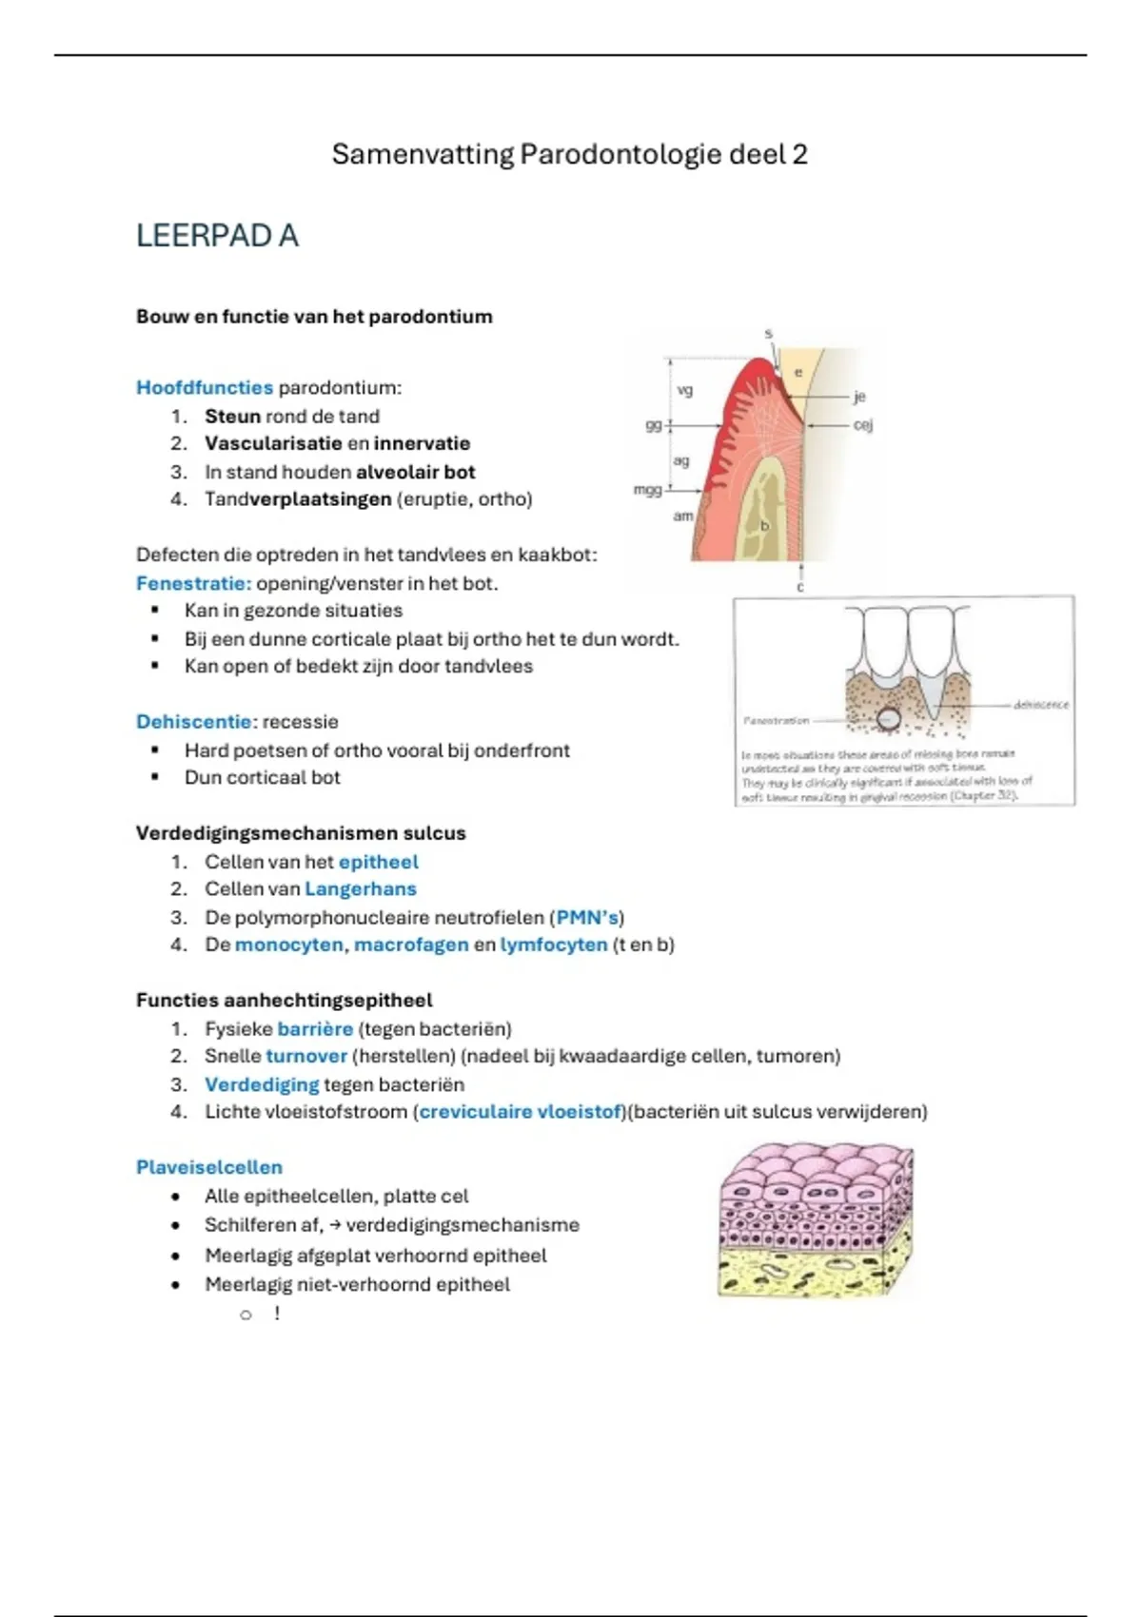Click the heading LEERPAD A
point(217,236)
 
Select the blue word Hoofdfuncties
point(205,387)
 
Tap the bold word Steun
point(232,416)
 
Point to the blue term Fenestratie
point(193,583)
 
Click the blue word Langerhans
point(361,888)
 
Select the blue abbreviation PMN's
point(588,917)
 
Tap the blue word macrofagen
point(411,945)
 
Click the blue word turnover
point(306,1056)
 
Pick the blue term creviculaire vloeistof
point(521,1111)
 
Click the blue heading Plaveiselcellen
point(209,1167)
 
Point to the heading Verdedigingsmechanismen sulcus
point(301,833)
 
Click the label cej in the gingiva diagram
point(862,425)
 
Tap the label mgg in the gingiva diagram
point(647,489)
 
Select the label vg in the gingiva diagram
point(684,390)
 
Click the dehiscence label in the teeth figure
point(1040,705)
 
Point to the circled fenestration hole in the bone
point(889,719)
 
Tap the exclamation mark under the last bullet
point(277,1314)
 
